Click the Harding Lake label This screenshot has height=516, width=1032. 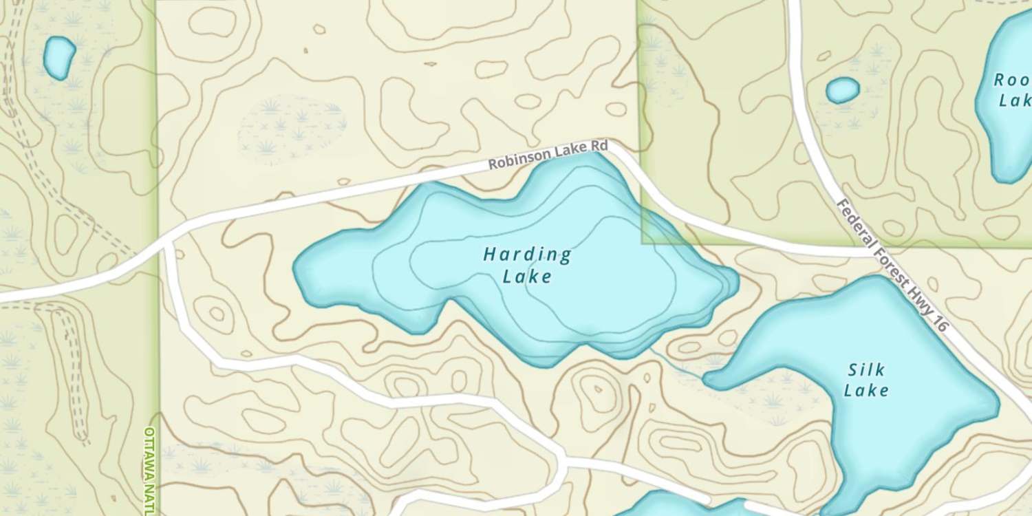pyautogui.click(x=527, y=266)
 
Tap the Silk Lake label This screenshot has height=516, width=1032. pyautogui.click(x=866, y=380)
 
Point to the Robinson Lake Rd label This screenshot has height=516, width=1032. pyautogui.click(x=548, y=155)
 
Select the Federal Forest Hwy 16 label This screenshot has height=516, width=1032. pyautogui.click(x=892, y=264)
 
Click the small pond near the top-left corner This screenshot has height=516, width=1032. pyautogui.click(x=59, y=57)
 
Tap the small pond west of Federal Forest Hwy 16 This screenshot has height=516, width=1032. pyautogui.click(x=842, y=90)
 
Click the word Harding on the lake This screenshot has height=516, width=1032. pyautogui.click(x=527, y=255)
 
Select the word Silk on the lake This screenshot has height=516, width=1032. pyautogui.click(x=866, y=370)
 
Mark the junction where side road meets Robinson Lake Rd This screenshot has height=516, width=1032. pyautogui.click(x=167, y=243)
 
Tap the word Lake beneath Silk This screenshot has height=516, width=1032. pyautogui.click(x=866, y=391)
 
